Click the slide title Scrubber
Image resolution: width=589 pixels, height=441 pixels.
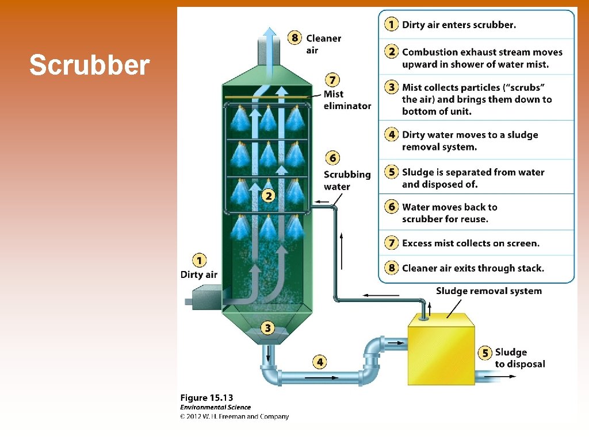pos(89,65)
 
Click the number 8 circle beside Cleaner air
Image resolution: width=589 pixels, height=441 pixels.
pos(295,38)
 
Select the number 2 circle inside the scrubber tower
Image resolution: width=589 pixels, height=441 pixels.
pos(268,196)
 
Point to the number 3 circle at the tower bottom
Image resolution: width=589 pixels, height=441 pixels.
pos(268,328)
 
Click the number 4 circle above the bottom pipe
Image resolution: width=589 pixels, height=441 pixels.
pos(320,362)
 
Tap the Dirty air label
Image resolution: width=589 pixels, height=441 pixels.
pos(199,274)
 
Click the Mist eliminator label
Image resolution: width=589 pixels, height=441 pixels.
pos(347,100)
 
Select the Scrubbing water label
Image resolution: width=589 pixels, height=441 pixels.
pos(347,180)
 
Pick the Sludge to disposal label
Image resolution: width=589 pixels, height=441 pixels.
pos(519,358)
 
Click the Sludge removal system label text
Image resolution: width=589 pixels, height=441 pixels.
pos(488,291)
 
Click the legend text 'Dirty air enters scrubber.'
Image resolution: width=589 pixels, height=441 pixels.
pos(458,25)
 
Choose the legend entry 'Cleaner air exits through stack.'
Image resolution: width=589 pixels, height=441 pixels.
pos(473,268)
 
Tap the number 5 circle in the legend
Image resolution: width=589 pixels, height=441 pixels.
pos(392,172)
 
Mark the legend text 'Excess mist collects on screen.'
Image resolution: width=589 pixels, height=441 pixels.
pos(471,243)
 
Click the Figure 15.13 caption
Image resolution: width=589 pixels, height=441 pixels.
pos(206,397)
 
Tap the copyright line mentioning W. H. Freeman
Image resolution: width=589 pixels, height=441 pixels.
pos(234,416)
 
